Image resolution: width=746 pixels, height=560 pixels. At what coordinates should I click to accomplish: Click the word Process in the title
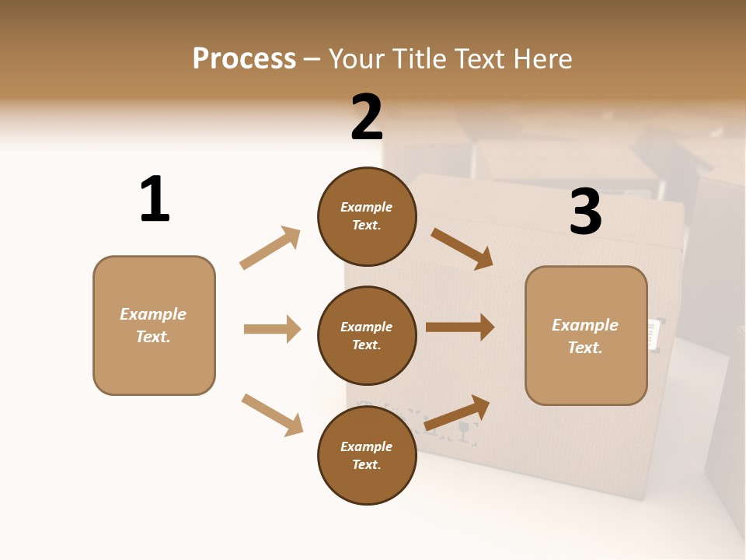click(x=244, y=58)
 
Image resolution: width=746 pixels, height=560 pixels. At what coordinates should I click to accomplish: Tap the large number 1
click(x=155, y=199)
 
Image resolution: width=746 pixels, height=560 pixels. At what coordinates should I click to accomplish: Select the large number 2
click(x=367, y=117)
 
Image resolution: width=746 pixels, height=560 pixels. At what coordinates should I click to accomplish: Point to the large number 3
click(x=586, y=212)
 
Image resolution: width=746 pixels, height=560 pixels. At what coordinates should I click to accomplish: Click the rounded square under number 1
click(x=154, y=325)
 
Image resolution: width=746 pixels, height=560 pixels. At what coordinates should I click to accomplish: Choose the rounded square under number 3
click(x=586, y=336)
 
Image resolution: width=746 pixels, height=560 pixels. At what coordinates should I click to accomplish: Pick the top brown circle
click(x=367, y=216)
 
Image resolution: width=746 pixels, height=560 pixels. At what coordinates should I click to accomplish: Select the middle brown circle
click(x=367, y=336)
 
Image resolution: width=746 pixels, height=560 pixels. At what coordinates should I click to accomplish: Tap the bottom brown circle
click(x=367, y=456)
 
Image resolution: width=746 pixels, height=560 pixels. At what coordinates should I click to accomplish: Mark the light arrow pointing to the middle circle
click(x=272, y=329)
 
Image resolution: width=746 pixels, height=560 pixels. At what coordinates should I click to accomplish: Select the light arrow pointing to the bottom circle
click(x=273, y=415)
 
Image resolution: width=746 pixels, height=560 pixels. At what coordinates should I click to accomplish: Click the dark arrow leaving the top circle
click(x=463, y=249)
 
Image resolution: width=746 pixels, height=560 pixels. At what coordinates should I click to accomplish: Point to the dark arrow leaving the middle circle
click(x=460, y=327)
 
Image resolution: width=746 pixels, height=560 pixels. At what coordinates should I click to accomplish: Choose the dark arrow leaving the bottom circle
click(x=458, y=412)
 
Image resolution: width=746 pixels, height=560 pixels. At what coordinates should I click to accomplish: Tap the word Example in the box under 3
click(x=585, y=325)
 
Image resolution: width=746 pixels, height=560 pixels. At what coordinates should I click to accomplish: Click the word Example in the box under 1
click(x=153, y=314)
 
